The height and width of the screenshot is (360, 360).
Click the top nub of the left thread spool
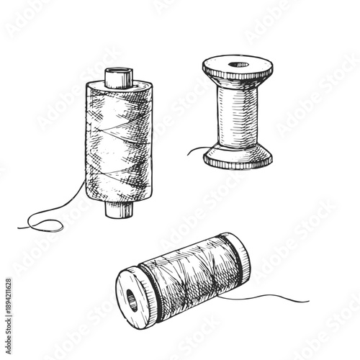[115, 78]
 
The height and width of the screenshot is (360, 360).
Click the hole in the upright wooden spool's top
[238, 66]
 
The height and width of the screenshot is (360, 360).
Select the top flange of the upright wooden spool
[238, 70]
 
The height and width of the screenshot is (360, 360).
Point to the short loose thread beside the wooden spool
[196, 151]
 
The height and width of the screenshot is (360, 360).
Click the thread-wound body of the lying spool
[187, 277]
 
